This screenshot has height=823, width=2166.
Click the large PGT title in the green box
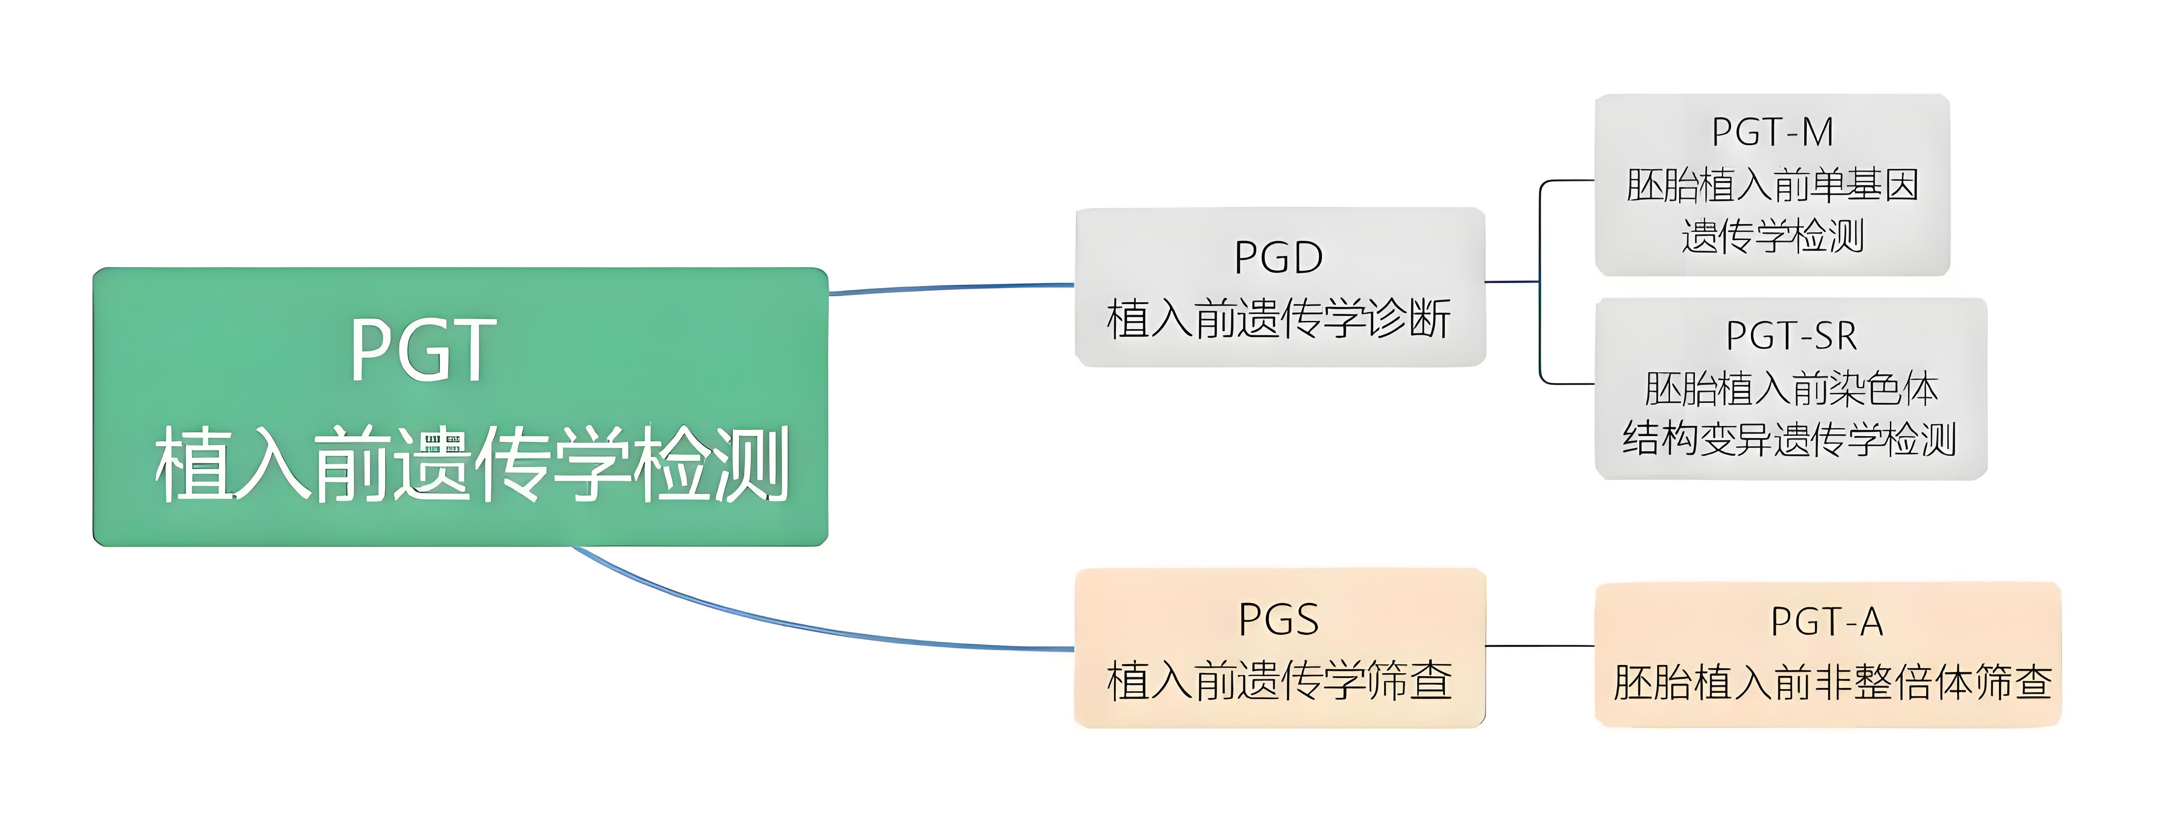click(x=423, y=350)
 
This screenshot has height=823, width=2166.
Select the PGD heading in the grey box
click(x=1278, y=257)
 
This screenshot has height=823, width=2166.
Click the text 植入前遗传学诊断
click(x=1278, y=319)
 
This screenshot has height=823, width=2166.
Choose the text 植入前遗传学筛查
click(x=1278, y=681)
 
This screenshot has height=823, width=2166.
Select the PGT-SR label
click(x=1791, y=336)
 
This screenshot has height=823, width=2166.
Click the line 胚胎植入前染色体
click(x=1791, y=388)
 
